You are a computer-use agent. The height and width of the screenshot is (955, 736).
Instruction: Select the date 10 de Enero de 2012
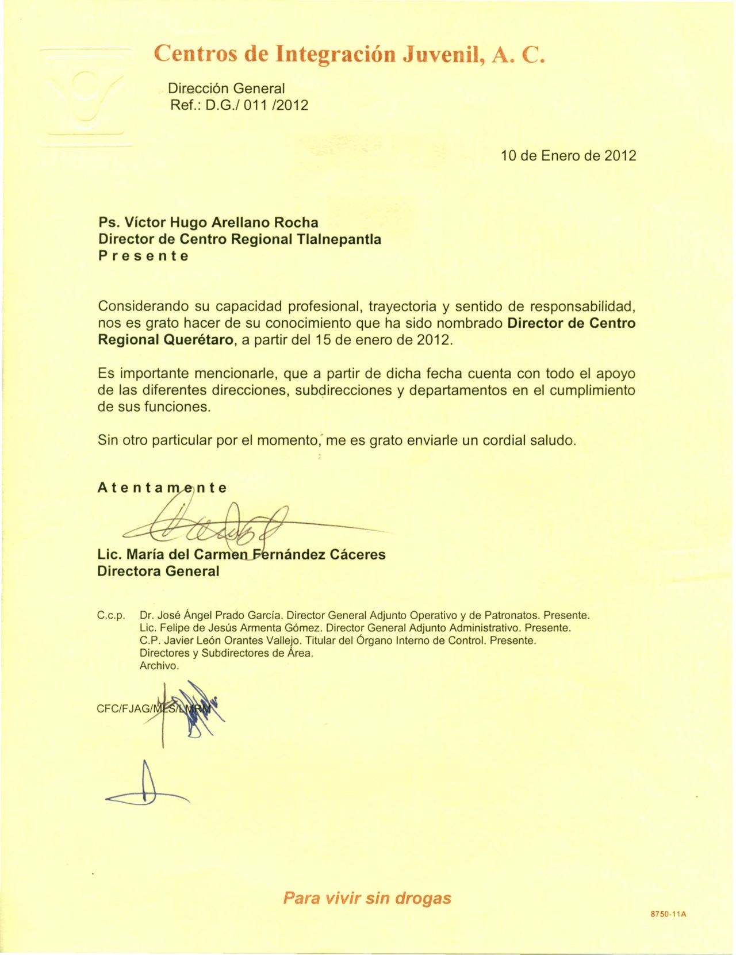click(x=568, y=156)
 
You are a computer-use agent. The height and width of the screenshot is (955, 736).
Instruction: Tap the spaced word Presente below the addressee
click(x=143, y=256)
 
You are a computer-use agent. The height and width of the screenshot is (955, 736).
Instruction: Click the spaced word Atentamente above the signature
click(x=162, y=488)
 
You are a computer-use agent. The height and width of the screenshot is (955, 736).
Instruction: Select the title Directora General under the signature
click(x=158, y=572)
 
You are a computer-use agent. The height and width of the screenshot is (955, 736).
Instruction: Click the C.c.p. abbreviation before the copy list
click(x=111, y=616)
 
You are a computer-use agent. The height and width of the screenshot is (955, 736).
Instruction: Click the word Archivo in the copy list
click(x=159, y=666)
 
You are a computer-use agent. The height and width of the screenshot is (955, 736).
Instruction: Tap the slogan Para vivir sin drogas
click(x=367, y=898)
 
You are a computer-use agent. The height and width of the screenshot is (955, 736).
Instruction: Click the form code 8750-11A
click(x=669, y=914)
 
